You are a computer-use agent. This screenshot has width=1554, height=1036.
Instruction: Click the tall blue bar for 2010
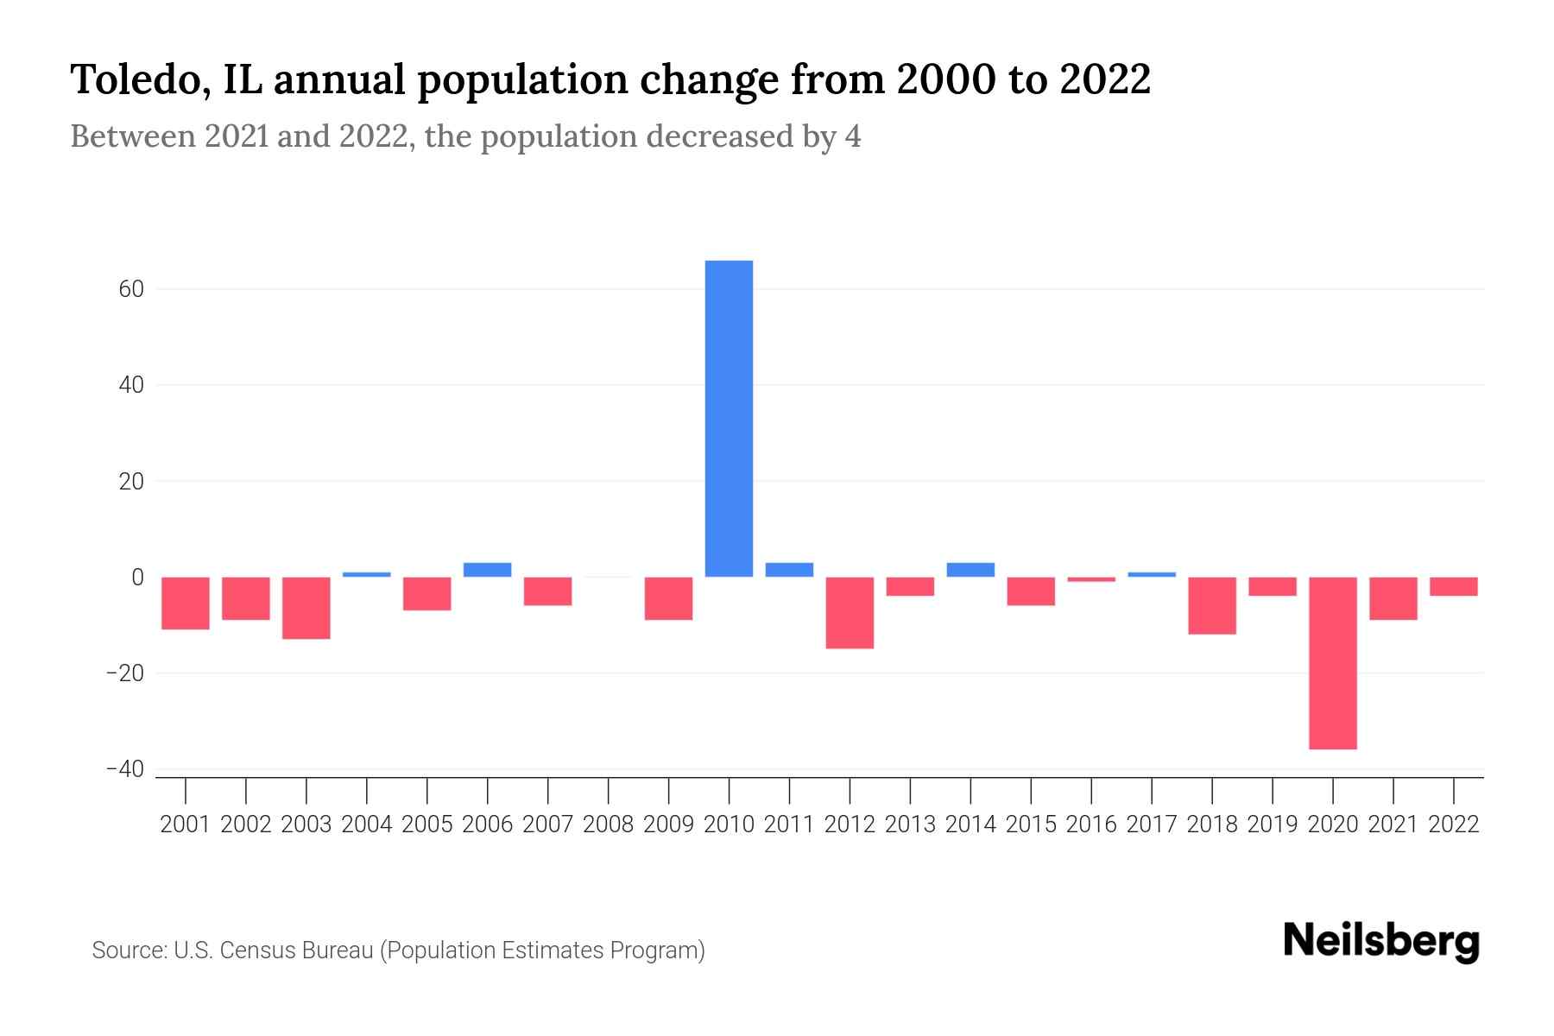click(x=729, y=419)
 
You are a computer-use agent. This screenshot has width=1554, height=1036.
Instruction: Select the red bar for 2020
click(x=1332, y=663)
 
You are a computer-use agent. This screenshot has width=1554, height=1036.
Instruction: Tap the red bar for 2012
click(x=850, y=613)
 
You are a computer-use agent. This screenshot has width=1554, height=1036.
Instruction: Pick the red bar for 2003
click(x=306, y=608)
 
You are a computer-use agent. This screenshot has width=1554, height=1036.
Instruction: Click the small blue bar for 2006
click(x=487, y=570)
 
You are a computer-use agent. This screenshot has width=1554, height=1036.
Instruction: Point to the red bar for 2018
click(x=1211, y=606)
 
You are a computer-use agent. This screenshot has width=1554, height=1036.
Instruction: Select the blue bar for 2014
click(x=970, y=570)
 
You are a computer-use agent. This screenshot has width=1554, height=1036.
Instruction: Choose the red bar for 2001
click(x=186, y=603)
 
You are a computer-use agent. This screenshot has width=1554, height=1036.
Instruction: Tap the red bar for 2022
click(x=1453, y=587)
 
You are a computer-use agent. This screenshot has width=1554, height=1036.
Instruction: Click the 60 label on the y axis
click(x=131, y=289)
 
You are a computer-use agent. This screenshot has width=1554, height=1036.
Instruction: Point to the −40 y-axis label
click(x=124, y=769)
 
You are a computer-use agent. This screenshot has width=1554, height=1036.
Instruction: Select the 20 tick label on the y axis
click(x=131, y=482)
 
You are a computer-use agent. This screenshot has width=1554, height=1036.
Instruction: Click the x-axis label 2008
click(x=608, y=824)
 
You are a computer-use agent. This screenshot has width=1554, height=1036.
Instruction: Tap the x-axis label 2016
click(x=1090, y=824)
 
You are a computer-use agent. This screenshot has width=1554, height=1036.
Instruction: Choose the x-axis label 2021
click(x=1393, y=824)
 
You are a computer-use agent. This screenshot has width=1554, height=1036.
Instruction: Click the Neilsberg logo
click(x=1380, y=941)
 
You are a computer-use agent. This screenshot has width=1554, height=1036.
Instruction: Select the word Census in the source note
click(x=261, y=951)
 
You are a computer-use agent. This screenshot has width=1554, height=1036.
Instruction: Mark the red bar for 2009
click(x=668, y=598)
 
